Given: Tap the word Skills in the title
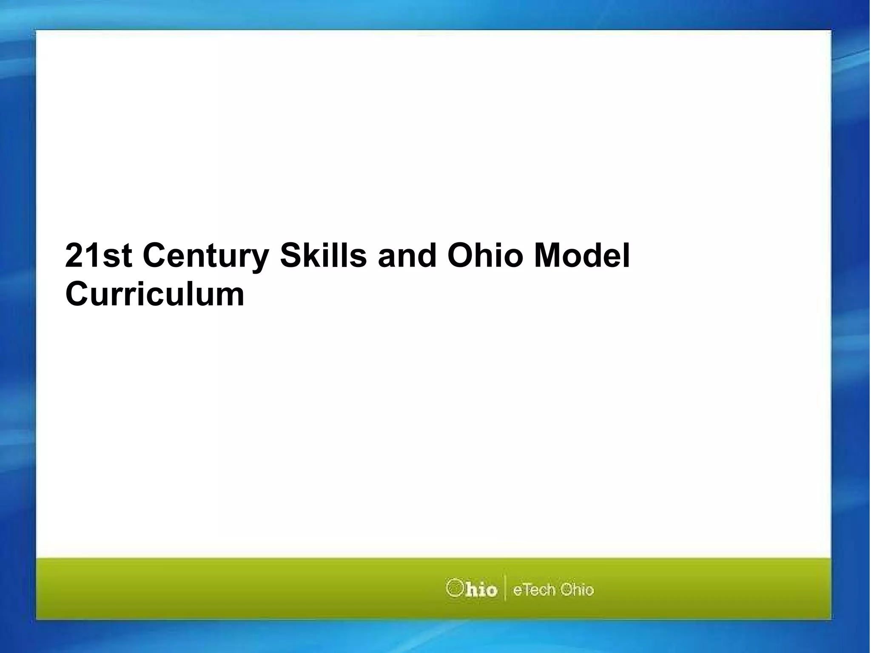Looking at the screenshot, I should (323, 256).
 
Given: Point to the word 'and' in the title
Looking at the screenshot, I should (407, 256).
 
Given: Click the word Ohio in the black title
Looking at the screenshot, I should (485, 256).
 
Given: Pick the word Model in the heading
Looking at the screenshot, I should (581, 256).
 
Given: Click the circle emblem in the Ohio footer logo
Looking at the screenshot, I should (454, 588).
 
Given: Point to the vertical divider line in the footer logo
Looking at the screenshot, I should (505, 588).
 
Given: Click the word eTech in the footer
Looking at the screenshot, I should (534, 590).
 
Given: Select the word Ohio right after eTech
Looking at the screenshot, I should (577, 590).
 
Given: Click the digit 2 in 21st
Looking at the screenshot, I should (74, 256).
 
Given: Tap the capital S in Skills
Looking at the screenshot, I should (290, 256).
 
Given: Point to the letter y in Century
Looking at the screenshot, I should (259, 259).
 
